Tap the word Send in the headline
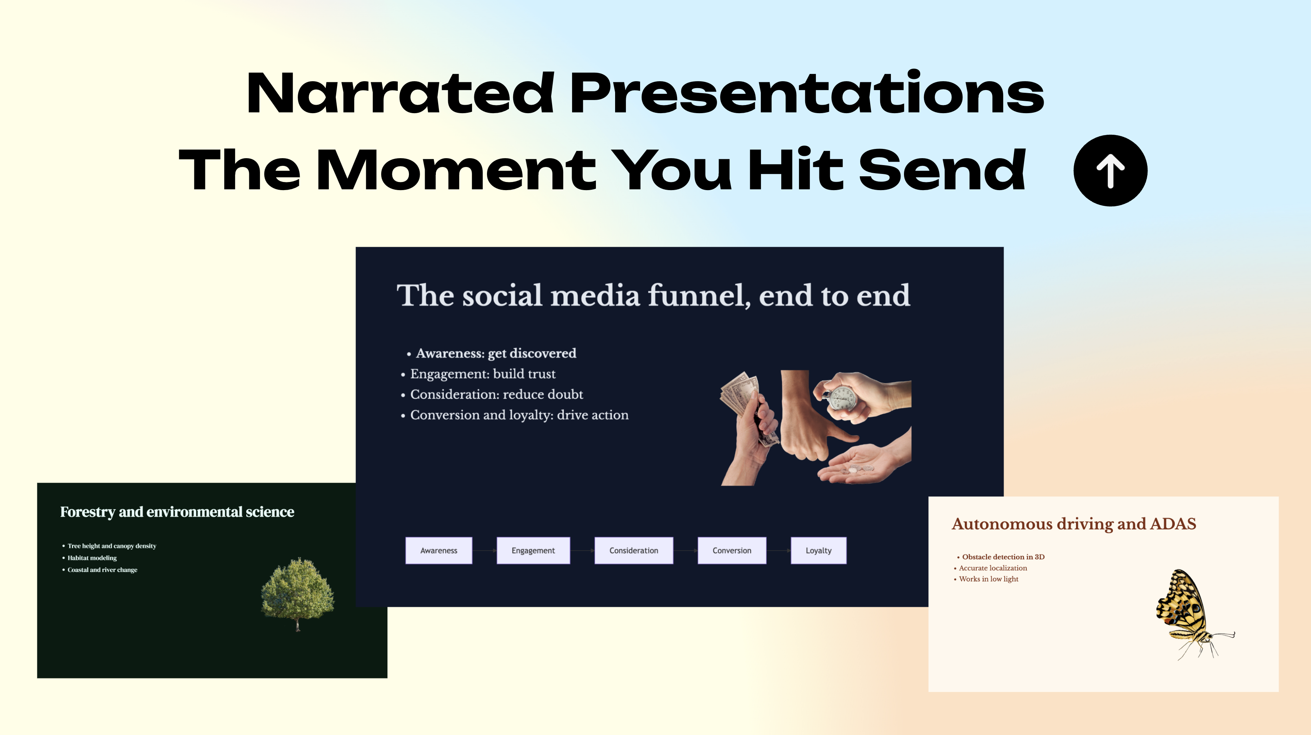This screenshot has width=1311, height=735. click(942, 170)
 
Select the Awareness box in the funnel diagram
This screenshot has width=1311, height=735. click(439, 550)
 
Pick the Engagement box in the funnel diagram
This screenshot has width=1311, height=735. click(533, 550)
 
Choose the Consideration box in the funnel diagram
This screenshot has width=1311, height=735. click(634, 550)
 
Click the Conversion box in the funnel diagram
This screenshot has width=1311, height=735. click(732, 550)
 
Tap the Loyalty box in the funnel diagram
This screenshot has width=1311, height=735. click(818, 550)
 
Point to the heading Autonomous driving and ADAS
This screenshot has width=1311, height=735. click(1074, 524)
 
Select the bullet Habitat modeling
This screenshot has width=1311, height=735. click(92, 558)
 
